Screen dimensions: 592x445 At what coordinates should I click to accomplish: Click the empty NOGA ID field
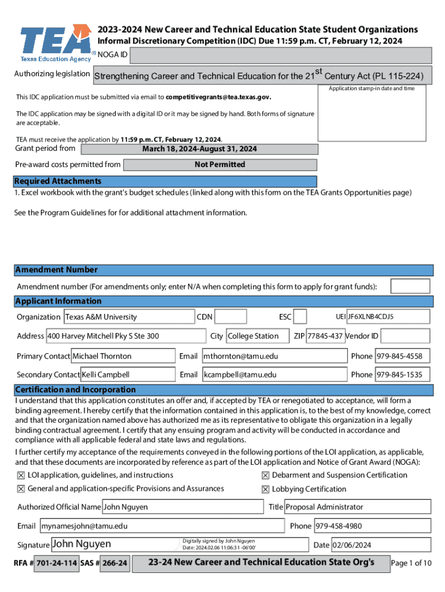[280, 55]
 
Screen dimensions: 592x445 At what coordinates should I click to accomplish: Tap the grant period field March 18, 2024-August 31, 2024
[199, 149]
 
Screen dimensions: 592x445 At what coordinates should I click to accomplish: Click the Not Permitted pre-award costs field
[220, 165]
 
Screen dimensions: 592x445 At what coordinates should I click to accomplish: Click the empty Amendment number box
[410, 286]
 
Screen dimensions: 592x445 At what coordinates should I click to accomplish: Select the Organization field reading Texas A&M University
[128, 317]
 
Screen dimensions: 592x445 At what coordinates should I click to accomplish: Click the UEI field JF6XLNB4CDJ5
[388, 317]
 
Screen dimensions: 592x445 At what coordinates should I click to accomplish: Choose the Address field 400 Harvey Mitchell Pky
[126, 336]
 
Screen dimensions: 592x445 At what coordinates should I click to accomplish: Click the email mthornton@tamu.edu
[274, 356]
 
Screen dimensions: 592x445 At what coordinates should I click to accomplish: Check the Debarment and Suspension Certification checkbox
[265, 475]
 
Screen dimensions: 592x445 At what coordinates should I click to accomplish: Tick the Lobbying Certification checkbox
[265, 489]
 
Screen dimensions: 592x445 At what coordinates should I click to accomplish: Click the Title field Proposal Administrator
[357, 507]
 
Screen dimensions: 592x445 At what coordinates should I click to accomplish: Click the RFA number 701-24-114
[57, 563]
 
